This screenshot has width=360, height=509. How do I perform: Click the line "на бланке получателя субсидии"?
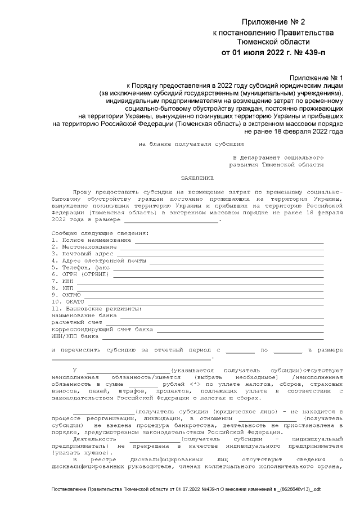(x=183, y=144)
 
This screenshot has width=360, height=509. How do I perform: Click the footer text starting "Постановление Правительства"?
(x=186, y=490)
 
